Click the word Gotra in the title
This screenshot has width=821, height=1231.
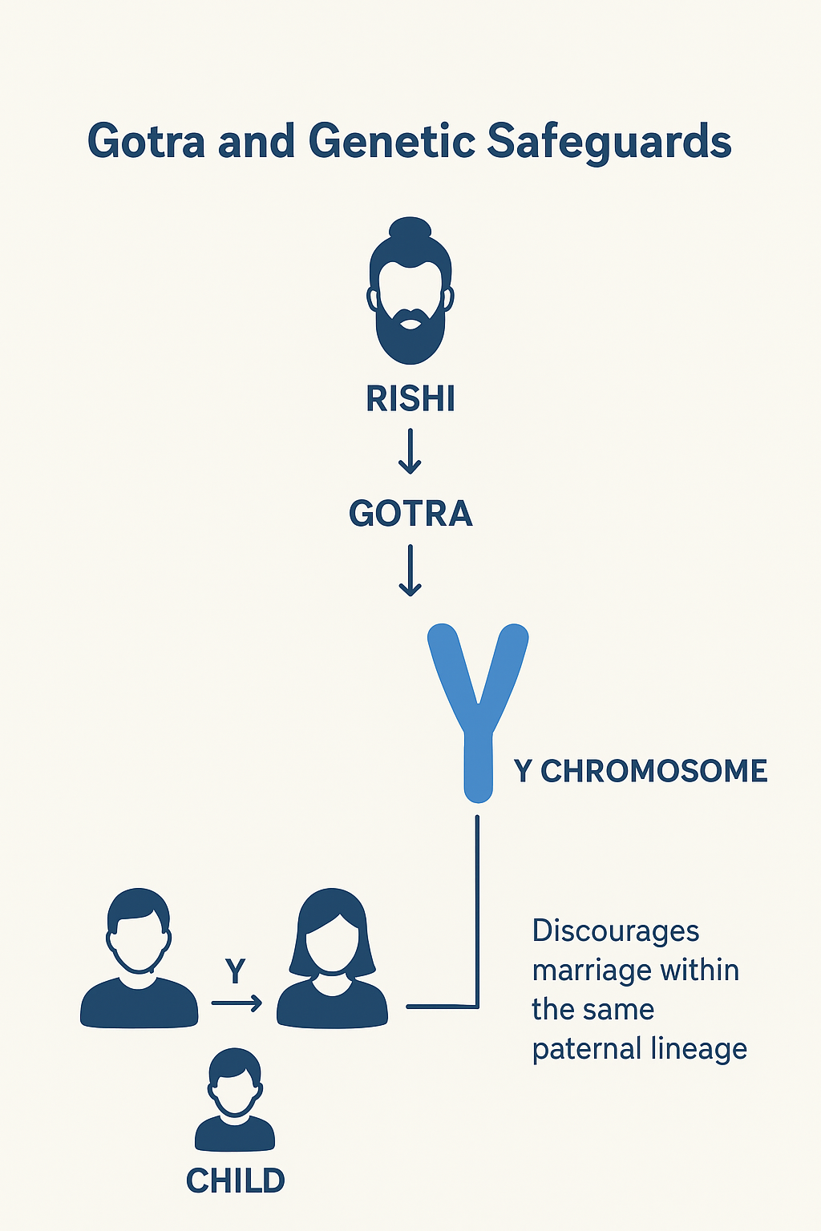click(146, 142)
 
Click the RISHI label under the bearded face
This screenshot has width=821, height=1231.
click(410, 399)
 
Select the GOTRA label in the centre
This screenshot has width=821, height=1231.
click(410, 514)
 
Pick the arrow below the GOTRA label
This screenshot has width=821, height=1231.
click(410, 570)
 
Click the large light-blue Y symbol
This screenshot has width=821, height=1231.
click(478, 705)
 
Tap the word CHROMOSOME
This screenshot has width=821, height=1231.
click(653, 771)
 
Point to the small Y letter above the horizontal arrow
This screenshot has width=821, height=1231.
click(235, 971)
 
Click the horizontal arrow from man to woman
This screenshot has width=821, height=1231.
click(237, 1003)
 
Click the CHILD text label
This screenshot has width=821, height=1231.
click(235, 1181)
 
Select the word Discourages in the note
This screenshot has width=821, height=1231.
click(615, 931)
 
